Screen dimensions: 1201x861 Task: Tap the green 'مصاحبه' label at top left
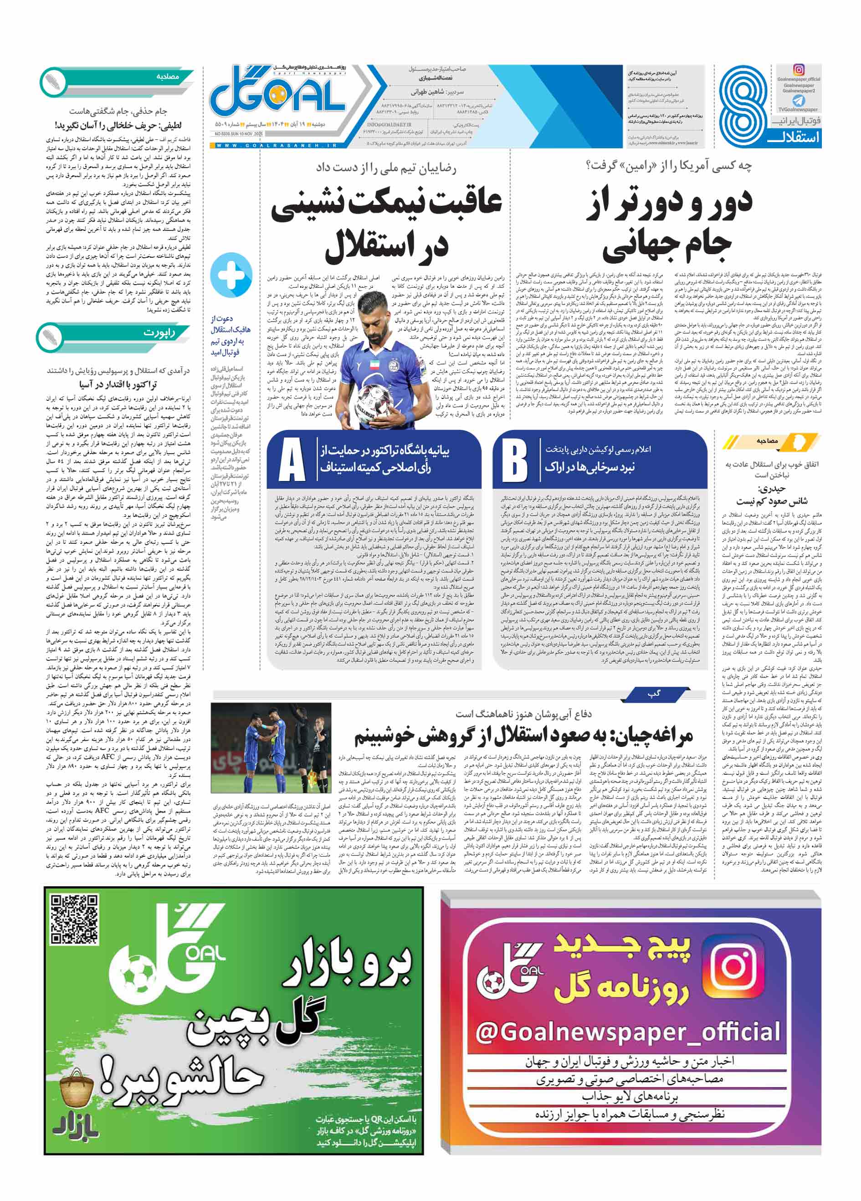167,77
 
